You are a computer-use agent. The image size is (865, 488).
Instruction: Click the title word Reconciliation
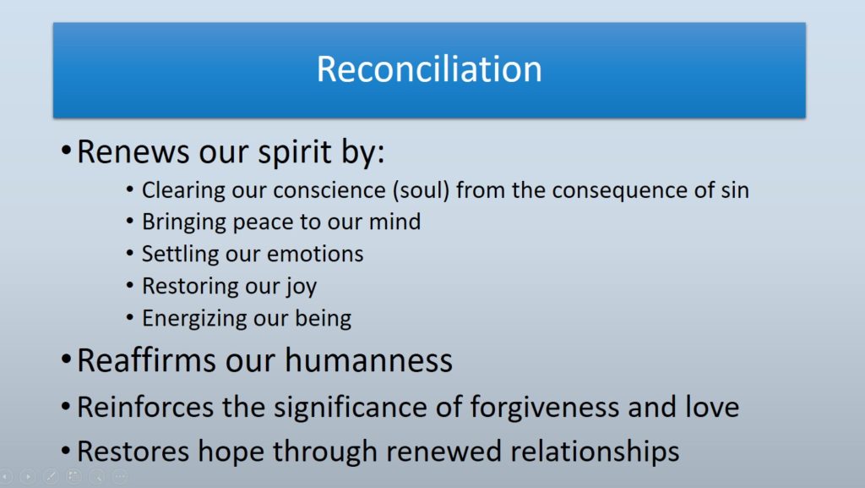429,69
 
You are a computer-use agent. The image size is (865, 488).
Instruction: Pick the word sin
733,190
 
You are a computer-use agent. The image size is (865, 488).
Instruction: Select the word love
708,408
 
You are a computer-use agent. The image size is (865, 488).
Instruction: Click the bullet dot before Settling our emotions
129,255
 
